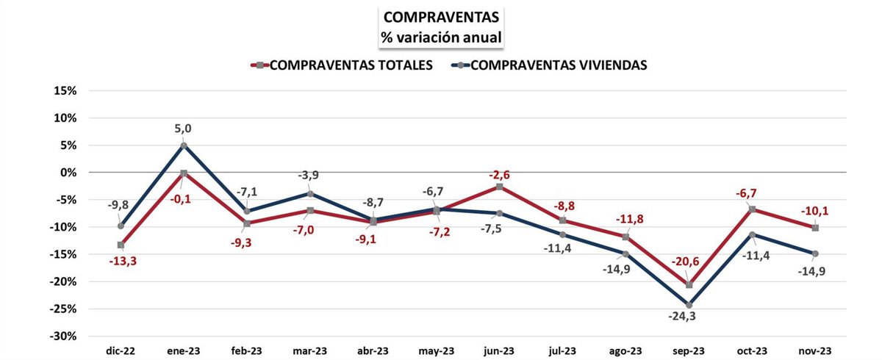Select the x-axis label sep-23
[x=689, y=350]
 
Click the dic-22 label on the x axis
[x=121, y=350]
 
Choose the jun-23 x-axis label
[x=500, y=350]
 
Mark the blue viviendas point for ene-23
[x=184, y=145]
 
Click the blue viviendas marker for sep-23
[x=689, y=305]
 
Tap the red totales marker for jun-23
[x=500, y=187]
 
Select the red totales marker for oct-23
[x=752, y=209]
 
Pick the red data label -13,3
[x=121, y=261]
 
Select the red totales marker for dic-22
[x=121, y=245]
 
